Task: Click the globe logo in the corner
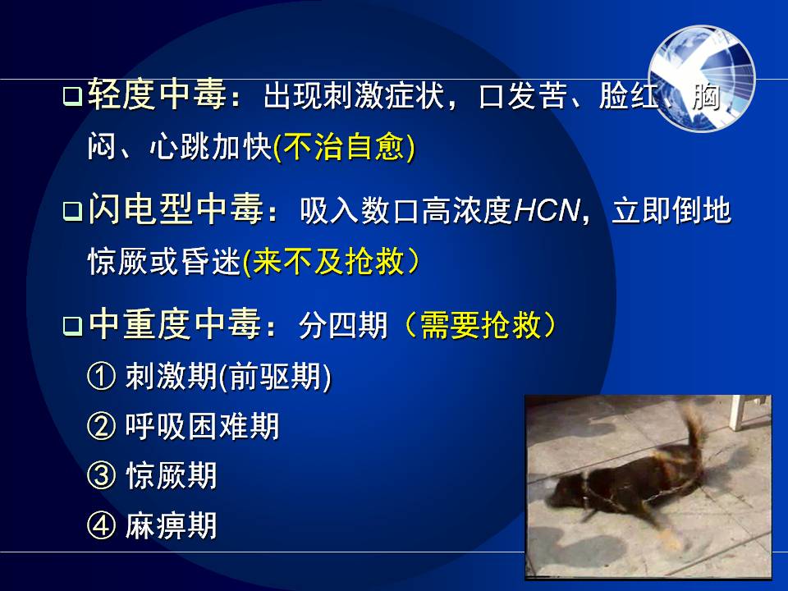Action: (x=702, y=79)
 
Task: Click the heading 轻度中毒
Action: (x=158, y=94)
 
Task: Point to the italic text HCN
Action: (x=547, y=210)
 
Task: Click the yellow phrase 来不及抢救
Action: (x=329, y=261)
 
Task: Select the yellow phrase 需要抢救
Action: (x=481, y=325)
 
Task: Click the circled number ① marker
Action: (x=102, y=377)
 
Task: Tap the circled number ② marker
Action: (x=102, y=426)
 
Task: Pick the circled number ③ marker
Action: (x=102, y=475)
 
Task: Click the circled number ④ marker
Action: (x=102, y=525)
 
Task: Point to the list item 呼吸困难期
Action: (x=202, y=426)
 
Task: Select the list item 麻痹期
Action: (x=171, y=525)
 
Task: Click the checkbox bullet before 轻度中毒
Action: (x=72, y=95)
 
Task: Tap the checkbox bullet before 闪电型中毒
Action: (x=72, y=211)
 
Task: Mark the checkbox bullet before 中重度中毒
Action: (x=72, y=326)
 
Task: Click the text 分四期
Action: (x=343, y=325)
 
